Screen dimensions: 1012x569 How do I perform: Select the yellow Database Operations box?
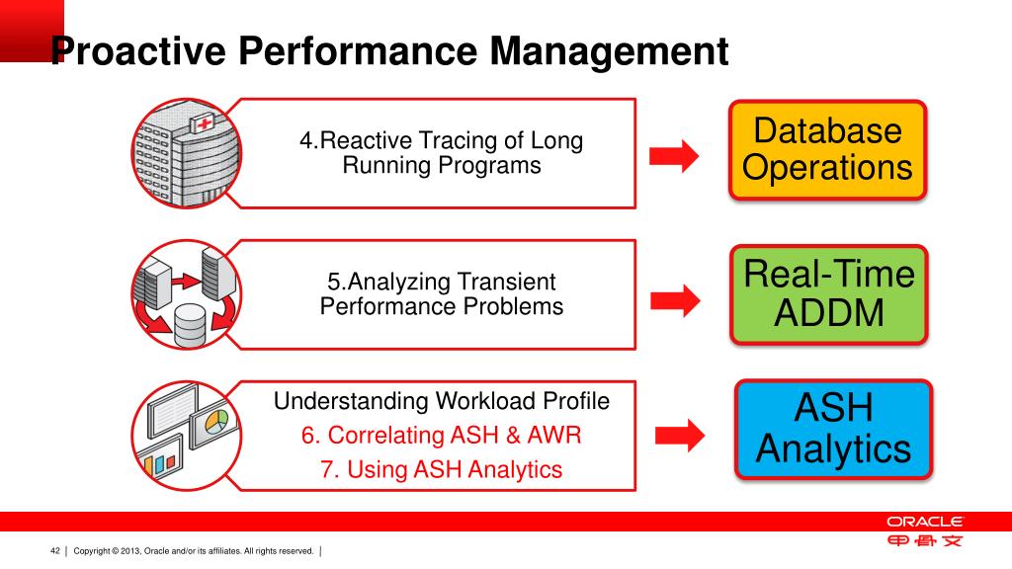[x=828, y=149]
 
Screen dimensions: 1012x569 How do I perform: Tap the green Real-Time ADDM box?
[x=829, y=293]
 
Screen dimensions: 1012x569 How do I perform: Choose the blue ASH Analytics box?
[x=833, y=429]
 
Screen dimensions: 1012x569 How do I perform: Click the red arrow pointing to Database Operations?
[x=673, y=155]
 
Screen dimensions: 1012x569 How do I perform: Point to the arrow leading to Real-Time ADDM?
[x=673, y=298]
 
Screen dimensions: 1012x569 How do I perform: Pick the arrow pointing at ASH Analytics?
[x=681, y=432]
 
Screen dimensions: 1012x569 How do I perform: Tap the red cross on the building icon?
[x=205, y=124]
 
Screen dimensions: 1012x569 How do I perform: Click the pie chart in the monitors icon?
[x=215, y=422]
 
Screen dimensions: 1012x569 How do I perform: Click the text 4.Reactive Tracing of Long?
[x=442, y=141]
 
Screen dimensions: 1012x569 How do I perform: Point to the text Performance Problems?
[x=442, y=306]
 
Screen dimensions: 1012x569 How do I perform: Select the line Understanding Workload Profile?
[x=442, y=401]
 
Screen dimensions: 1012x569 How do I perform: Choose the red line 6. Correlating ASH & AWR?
[x=442, y=435]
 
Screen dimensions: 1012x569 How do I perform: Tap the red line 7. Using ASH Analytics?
[x=442, y=469]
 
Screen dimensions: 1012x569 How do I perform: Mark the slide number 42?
[x=55, y=550]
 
